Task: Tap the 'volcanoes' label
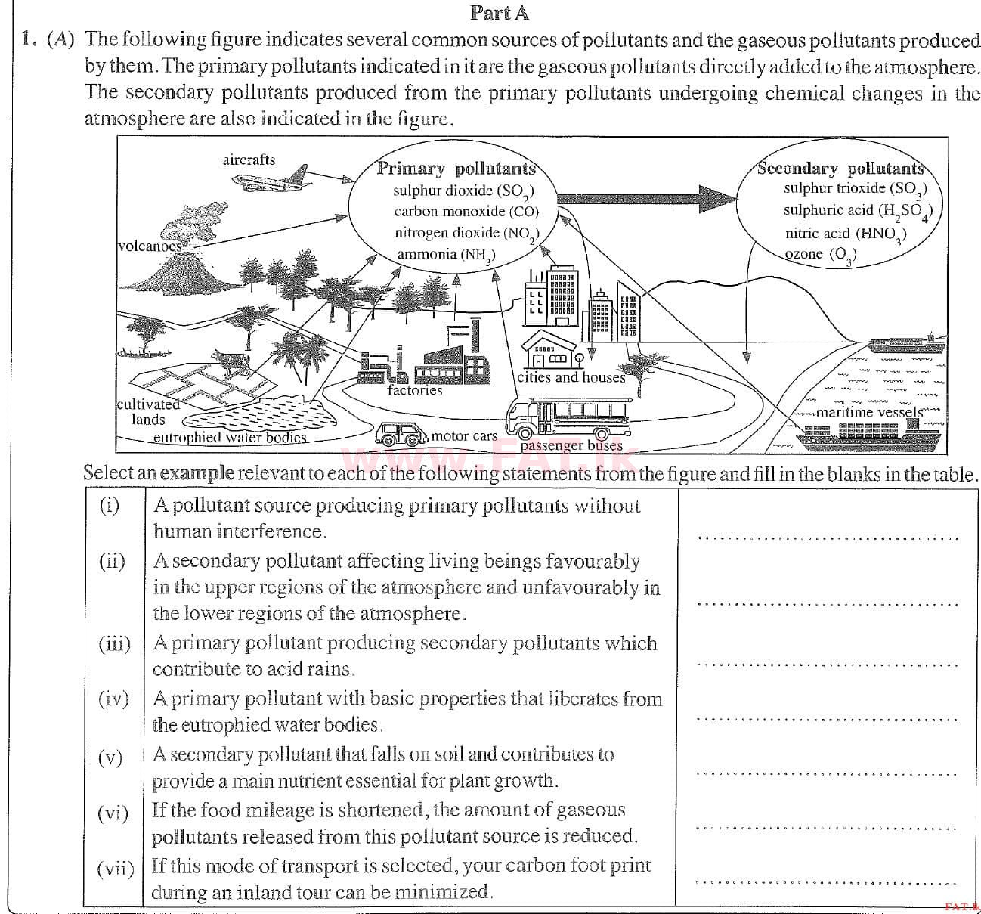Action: point(149,246)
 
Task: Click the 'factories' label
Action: point(414,390)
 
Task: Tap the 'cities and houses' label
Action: point(571,376)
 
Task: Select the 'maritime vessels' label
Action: point(869,412)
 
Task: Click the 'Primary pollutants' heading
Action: point(456,169)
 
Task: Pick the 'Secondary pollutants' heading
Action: point(840,168)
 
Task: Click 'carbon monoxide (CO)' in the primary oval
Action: point(466,212)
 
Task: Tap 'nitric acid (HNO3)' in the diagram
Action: point(845,234)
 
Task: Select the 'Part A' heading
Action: point(500,12)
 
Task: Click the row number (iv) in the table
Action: point(113,699)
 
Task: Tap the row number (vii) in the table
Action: point(115,867)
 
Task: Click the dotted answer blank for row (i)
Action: point(828,538)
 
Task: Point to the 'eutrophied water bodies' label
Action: point(230,437)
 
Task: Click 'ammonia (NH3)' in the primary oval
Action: point(445,255)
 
